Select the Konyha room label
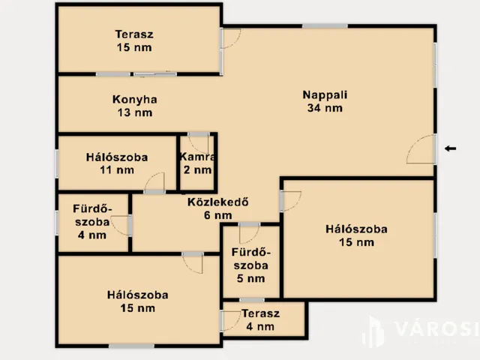135,99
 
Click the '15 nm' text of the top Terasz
135,48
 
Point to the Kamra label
197,157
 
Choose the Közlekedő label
217,201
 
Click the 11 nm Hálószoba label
116,163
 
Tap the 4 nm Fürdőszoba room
92,221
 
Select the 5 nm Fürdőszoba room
251,265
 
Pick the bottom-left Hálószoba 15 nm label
137,301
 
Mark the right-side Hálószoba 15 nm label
356,235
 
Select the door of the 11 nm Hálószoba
154,183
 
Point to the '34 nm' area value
325,107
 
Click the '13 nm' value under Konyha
135,112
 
